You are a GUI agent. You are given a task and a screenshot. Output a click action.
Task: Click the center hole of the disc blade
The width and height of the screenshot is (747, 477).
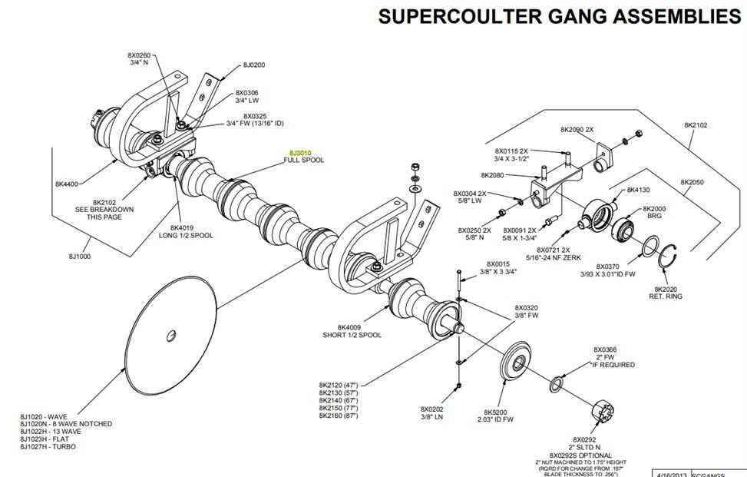170,334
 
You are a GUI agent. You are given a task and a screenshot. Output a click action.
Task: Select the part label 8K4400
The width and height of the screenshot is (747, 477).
66,184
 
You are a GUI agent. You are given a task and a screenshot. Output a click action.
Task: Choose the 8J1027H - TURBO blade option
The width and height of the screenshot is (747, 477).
48,446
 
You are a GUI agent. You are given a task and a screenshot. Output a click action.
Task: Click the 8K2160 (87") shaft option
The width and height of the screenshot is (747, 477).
339,416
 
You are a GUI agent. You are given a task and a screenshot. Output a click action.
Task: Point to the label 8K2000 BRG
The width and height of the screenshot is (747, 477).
654,212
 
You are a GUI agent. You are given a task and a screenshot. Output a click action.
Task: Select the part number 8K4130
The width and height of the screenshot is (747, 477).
639,190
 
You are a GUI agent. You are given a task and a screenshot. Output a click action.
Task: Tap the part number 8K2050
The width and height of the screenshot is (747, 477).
692,182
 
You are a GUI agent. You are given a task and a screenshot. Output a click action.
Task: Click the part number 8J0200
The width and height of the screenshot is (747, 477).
253,65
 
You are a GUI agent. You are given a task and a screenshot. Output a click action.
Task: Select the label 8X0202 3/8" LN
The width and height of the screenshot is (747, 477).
431,412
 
